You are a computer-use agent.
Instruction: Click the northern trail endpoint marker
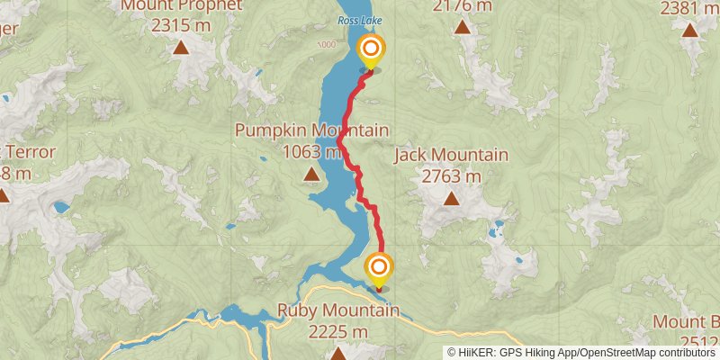coord(369,49)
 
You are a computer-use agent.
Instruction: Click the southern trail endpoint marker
coord(379,268)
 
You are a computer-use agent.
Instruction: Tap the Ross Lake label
coord(355,20)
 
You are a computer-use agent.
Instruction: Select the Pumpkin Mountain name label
coord(311,130)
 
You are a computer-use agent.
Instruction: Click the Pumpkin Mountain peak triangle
coord(310,174)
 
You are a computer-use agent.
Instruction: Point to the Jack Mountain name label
coord(451,156)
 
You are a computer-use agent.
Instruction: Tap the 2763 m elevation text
coord(451,176)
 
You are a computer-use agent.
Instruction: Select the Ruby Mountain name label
coord(337,311)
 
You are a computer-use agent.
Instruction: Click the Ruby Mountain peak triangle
coord(337,354)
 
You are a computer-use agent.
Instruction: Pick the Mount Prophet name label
coord(183,5)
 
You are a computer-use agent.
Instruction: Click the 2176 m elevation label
coord(463,6)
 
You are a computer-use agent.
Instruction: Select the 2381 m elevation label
coord(690,9)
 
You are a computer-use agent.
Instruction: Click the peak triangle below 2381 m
coord(690,31)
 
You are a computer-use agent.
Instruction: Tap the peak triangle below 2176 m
coord(463,27)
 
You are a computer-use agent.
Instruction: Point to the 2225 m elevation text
coord(337,332)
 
